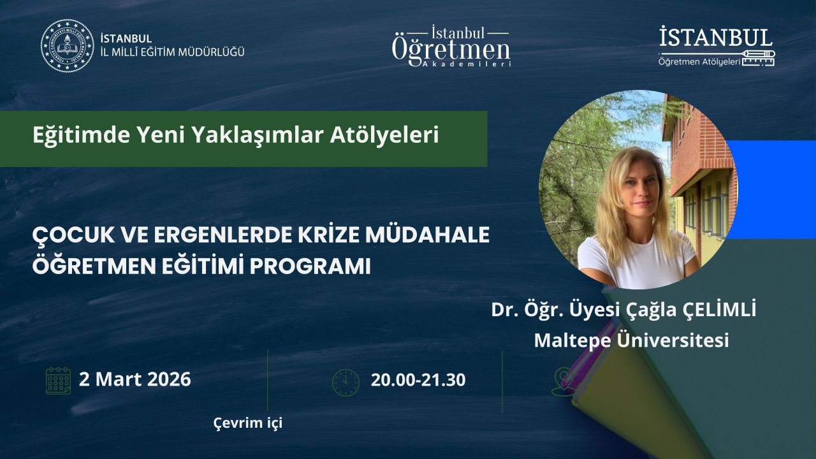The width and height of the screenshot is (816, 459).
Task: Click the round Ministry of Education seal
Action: coord(68,45)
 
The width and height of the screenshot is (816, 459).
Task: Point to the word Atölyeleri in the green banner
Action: coord(384,135)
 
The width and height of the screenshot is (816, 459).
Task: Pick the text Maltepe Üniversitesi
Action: coord(631,340)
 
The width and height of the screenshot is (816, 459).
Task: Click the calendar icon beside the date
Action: coord(58,381)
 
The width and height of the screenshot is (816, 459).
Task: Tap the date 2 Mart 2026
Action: coord(135,379)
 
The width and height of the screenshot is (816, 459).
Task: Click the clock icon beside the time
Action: coord(346,383)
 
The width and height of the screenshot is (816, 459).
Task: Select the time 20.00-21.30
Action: coord(418,380)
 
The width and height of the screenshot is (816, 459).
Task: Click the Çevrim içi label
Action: coord(248,423)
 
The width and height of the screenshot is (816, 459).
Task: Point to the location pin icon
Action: coord(563,381)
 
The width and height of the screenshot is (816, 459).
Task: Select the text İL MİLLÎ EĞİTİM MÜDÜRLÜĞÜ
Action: coord(172,52)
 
